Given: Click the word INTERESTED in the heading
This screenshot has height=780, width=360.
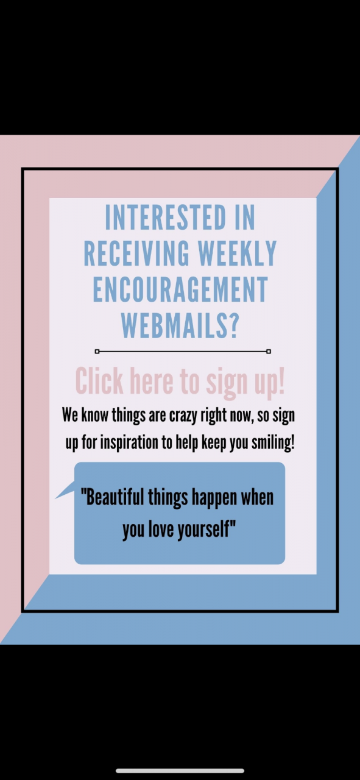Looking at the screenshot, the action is tap(166, 218).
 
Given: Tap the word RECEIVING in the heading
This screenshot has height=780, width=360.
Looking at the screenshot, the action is tap(136, 253).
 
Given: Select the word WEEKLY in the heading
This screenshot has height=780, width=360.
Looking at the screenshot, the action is tap(237, 253).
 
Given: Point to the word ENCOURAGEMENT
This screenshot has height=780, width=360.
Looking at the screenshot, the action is tap(180, 289).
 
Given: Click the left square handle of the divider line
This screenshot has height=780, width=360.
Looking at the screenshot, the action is tap(97, 352).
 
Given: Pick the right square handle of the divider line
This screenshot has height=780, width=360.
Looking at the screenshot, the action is tap(269, 352).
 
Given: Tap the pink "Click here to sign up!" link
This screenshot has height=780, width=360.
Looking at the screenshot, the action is tap(180, 382).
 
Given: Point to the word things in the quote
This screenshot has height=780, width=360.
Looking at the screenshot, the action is tap(168, 498).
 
